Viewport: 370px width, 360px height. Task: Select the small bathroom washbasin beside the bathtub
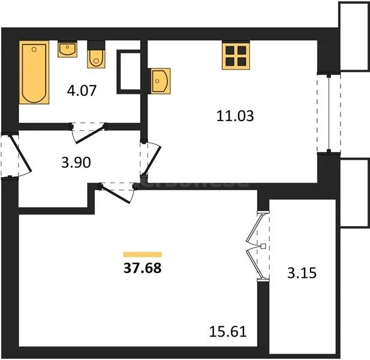pyautogui.click(x=67, y=49)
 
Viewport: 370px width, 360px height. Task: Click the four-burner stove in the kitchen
pyautogui.click(x=235, y=55)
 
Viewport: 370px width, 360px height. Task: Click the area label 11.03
pyautogui.click(x=234, y=116)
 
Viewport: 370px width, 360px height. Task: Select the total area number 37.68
pyautogui.click(x=142, y=268)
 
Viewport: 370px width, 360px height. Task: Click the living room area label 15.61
pyautogui.click(x=227, y=329)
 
